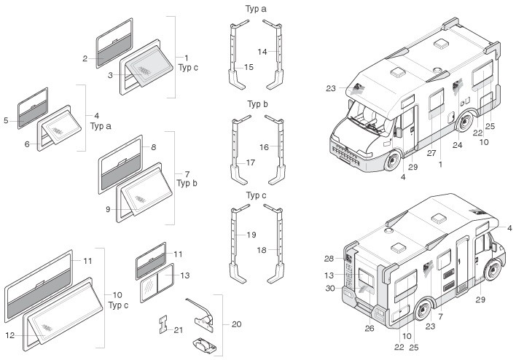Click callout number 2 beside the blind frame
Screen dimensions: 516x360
click(85, 58)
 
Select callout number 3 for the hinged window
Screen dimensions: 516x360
click(110, 75)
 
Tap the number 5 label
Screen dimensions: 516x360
click(6, 120)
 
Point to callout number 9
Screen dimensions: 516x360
click(108, 209)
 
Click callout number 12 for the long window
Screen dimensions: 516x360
click(10, 335)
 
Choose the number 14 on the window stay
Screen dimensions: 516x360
click(262, 52)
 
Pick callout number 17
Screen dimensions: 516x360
click(251, 163)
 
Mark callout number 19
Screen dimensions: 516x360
click(251, 235)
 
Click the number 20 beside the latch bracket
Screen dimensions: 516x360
click(237, 324)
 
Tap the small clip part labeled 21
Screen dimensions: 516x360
click(163, 324)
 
